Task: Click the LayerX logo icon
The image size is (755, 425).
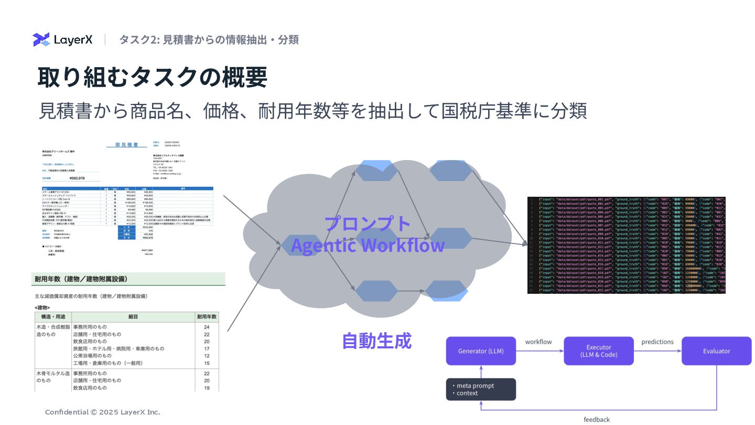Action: pyautogui.click(x=41, y=40)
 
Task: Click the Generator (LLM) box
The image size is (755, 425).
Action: pyautogui.click(x=481, y=351)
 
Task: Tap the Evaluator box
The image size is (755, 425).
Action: pyautogui.click(x=716, y=351)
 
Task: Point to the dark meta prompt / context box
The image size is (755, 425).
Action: pyautogui.click(x=481, y=389)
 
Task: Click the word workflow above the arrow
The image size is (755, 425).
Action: pyautogui.click(x=538, y=342)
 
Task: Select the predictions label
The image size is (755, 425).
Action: pyautogui.click(x=657, y=342)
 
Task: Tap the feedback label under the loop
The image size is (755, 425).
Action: pyautogui.click(x=597, y=419)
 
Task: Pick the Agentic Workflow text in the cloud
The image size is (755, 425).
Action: pyautogui.click(x=368, y=245)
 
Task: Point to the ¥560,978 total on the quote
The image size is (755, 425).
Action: pyautogui.click(x=77, y=178)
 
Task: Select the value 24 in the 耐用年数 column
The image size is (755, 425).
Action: pyautogui.click(x=207, y=327)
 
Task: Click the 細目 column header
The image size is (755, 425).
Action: pyautogui.click(x=133, y=317)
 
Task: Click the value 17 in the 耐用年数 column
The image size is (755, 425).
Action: pyautogui.click(x=207, y=348)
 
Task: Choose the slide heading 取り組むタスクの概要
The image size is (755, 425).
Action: pyautogui.click(x=153, y=77)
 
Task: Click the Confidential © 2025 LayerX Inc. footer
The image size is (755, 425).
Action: pyautogui.click(x=103, y=412)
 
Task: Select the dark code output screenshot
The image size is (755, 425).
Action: pyautogui.click(x=626, y=245)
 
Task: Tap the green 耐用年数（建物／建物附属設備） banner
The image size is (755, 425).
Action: pyautogui.click(x=129, y=279)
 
